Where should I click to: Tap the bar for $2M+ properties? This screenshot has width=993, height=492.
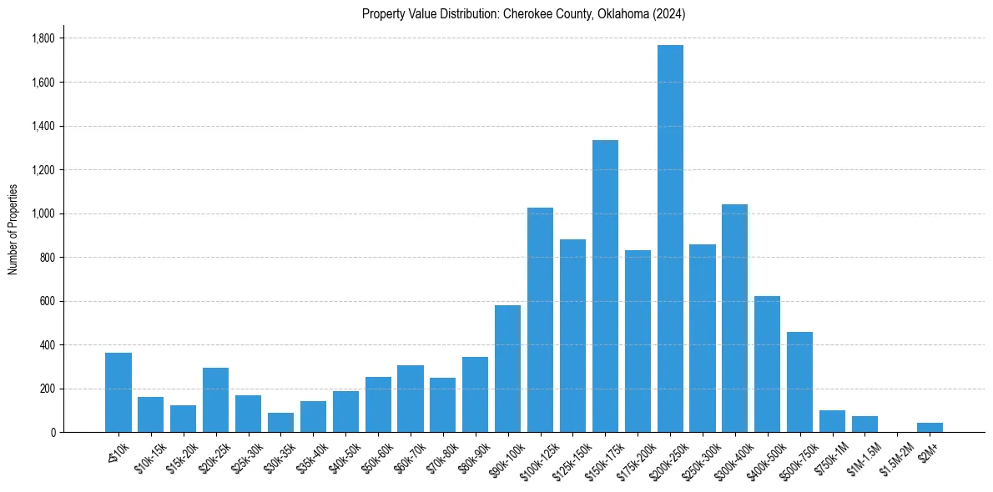pyautogui.click(x=930, y=427)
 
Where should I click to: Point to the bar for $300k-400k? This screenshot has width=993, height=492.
pyautogui.click(x=734, y=318)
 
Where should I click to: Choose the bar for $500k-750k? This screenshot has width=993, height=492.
pyautogui.click(x=799, y=382)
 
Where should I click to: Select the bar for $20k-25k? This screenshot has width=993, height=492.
pyautogui.click(x=215, y=399)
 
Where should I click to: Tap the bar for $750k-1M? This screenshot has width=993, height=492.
pyautogui.click(x=832, y=421)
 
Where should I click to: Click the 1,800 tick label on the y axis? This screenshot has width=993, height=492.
pyautogui.click(x=43, y=38)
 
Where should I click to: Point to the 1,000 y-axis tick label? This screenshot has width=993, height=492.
pyautogui.click(x=43, y=213)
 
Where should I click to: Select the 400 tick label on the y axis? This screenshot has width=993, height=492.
pyautogui.click(x=47, y=344)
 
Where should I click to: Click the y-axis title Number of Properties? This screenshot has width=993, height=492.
pyautogui.click(x=13, y=229)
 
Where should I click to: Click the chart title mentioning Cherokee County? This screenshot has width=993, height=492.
pyautogui.click(x=524, y=14)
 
